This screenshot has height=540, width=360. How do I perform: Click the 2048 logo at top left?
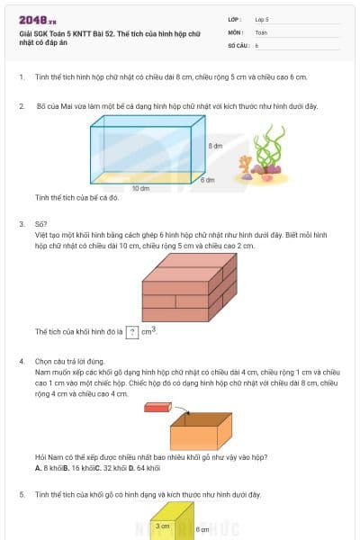[x=37, y=20]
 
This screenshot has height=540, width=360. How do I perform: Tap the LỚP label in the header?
[x=234, y=19]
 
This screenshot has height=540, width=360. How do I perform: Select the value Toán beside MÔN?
[x=261, y=31]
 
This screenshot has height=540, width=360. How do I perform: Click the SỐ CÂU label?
[x=238, y=44]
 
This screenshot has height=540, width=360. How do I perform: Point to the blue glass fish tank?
[x=142, y=154]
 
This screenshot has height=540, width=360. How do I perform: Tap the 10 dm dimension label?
[x=140, y=188]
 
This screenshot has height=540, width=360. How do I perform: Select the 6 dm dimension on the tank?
[x=207, y=180]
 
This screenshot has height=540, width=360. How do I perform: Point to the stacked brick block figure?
[x=189, y=287]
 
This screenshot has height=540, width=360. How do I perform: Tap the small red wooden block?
[x=157, y=407]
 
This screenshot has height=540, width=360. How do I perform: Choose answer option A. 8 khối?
[x=49, y=468]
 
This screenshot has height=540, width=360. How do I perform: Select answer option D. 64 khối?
[x=145, y=468]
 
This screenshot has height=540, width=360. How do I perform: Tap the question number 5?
[x=22, y=494]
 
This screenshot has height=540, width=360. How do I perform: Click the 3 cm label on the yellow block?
[x=163, y=526]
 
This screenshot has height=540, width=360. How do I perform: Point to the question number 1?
[x=22, y=77]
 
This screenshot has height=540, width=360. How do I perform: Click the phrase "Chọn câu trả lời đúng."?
[x=68, y=361]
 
